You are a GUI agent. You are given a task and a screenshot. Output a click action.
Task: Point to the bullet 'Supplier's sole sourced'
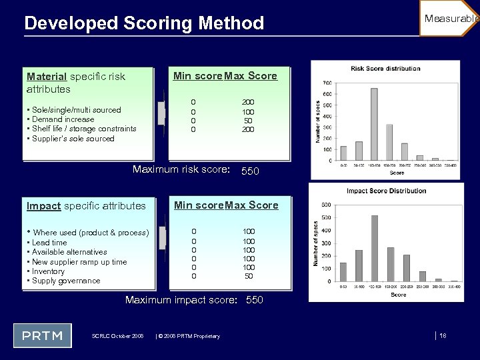pyautogui.click(x=73, y=139)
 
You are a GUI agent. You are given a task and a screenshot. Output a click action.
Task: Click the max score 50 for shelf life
pyautogui.click(x=247, y=121)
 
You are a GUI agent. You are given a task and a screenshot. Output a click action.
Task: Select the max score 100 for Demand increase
pyautogui.click(x=247, y=111)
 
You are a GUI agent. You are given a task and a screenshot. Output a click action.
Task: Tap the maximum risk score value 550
pyautogui.click(x=251, y=171)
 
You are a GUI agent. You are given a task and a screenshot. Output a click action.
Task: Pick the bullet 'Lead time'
pyautogui.click(x=49, y=243)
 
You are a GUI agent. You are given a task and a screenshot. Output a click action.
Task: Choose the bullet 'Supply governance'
pyautogui.click(x=66, y=281)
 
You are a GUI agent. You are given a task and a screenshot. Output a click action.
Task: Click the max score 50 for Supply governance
pyautogui.click(x=249, y=276)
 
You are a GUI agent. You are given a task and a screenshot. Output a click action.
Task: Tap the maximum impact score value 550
pyautogui.click(x=255, y=300)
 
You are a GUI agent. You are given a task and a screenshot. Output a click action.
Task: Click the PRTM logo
pyautogui.click(x=42, y=335)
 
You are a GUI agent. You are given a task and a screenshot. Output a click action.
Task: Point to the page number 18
pyautogui.click(x=443, y=335)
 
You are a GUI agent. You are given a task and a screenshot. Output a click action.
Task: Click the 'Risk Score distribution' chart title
pyautogui.click(x=385, y=69)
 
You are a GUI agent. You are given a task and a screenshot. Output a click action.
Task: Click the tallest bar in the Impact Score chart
pyautogui.click(x=375, y=248)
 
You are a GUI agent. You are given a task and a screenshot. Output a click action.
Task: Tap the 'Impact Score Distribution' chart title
pyautogui.click(x=386, y=191)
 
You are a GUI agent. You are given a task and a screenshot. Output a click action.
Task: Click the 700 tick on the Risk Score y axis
pyautogui.click(x=327, y=83)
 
